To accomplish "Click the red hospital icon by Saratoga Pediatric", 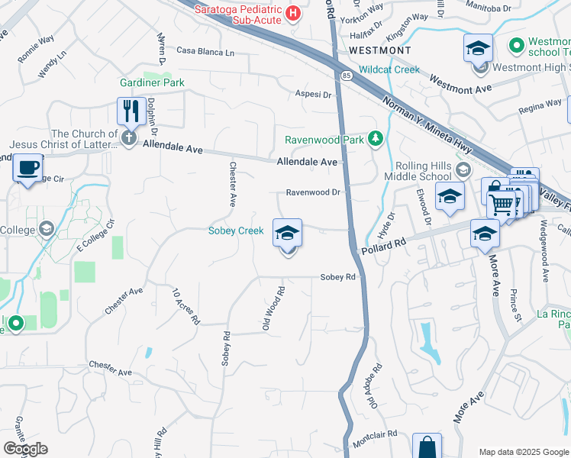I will coord(292,13).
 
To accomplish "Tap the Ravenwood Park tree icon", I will coord(375,138).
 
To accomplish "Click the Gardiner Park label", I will coord(151,82).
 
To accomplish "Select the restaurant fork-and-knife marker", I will coord(131,111).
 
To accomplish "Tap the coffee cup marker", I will coord(28,167).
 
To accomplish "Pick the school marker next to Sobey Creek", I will coord(287,233).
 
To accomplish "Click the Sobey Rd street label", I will coord(338,277).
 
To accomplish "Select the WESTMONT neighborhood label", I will coord(379,50).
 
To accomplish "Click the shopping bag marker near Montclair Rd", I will coord(427,447).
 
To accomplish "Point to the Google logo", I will coord(25,449).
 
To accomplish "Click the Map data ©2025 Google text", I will coord(523,452).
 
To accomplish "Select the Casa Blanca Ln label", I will coord(205,52).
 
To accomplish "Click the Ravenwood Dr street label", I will coord(313,193).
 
